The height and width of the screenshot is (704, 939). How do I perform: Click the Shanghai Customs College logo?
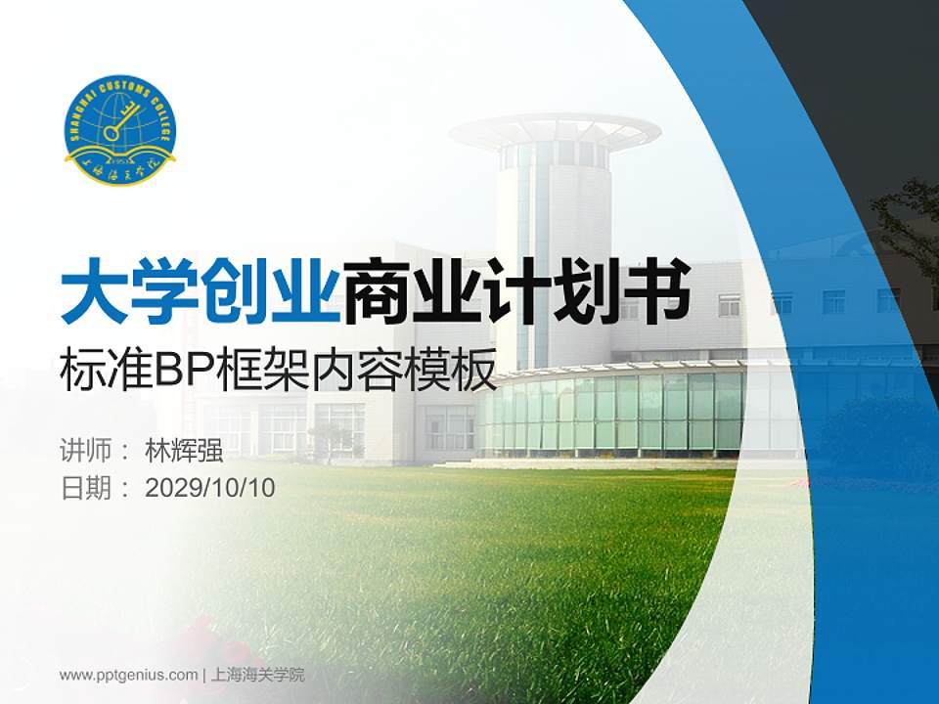119,130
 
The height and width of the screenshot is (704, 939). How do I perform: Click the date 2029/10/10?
210,488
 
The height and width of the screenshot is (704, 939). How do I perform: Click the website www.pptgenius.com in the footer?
129,675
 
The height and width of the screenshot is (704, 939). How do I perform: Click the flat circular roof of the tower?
555,130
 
